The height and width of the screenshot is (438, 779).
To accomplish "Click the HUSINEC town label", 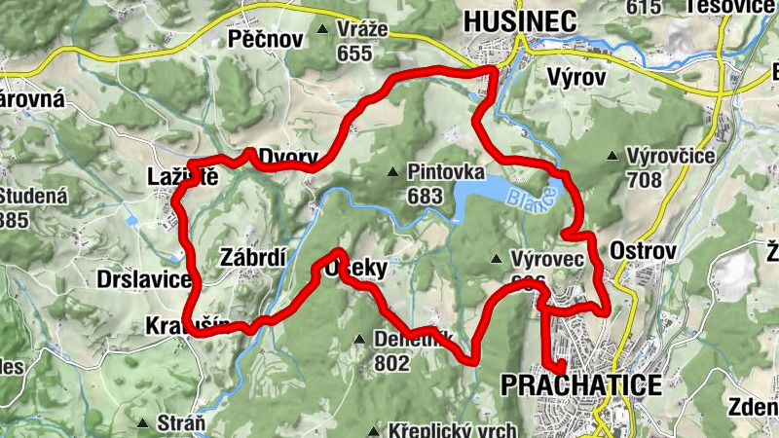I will [x=520, y=20].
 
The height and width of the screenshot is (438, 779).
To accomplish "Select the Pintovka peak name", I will [x=447, y=172].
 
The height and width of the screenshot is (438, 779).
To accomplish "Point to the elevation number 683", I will [x=426, y=196].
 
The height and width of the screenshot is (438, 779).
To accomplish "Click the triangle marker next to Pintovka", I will [x=392, y=173].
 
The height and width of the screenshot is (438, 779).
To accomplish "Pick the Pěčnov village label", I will [x=260, y=38].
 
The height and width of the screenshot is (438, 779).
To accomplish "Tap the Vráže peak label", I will [x=361, y=29].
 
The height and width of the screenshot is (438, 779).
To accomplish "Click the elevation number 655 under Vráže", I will [x=354, y=54].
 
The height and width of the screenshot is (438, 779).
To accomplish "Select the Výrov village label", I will [x=576, y=76].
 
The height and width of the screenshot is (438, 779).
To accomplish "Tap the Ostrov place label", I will [x=643, y=251].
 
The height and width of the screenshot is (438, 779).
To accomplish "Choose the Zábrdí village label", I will [x=253, y=258].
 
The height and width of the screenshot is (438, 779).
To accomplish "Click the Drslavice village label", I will [x=144, y=280].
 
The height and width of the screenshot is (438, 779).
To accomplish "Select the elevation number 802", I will [x=391, y=363].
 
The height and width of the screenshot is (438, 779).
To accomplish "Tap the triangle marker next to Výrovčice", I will [x=612, y=156].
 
